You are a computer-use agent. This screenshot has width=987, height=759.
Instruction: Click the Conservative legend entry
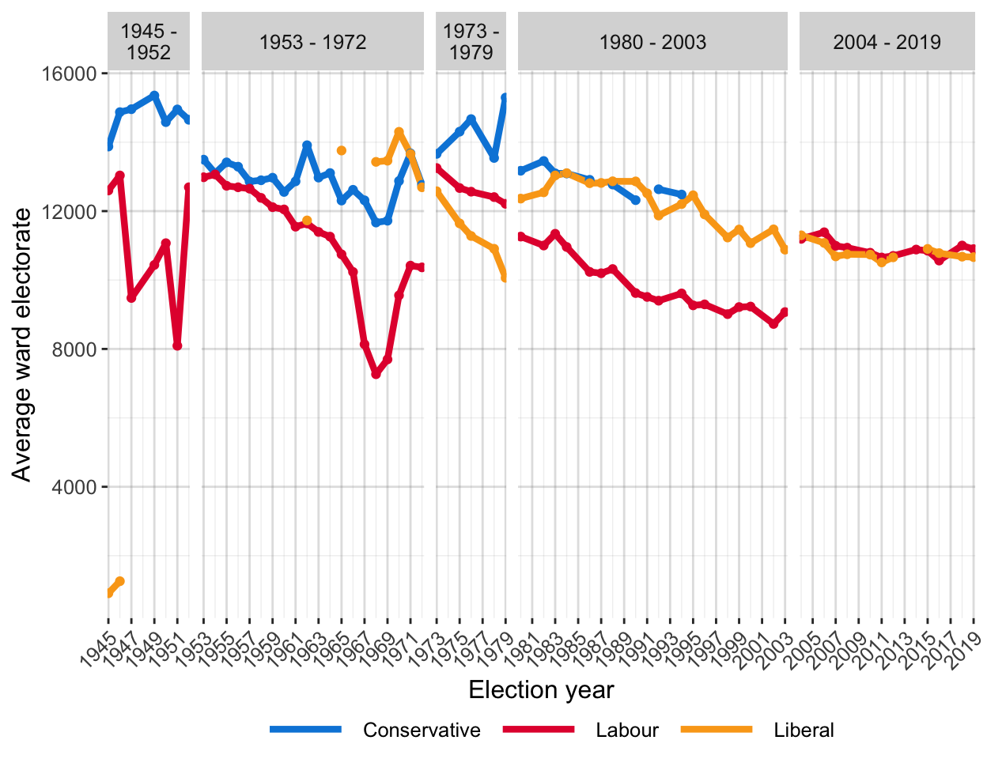[421, 730]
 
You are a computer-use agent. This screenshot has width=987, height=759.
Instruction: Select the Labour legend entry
[626, 730]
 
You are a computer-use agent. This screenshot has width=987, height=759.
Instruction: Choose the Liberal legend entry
[804, 730]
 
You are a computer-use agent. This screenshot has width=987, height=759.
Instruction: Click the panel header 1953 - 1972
[312, 42]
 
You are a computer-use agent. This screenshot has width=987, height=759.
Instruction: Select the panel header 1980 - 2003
[652, 42]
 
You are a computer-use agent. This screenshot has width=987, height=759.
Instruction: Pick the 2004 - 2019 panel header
[887, 42]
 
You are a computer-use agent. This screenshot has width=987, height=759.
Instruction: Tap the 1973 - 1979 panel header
[471, 42]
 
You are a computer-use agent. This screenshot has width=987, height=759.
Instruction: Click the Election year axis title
[541, 690]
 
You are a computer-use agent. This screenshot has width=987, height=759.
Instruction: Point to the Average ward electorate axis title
[22, 345]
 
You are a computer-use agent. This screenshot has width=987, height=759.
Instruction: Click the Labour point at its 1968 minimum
[376, 374]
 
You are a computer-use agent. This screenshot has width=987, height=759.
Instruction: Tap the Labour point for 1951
[177, 346]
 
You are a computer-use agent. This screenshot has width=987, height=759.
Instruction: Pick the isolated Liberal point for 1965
[342, 150]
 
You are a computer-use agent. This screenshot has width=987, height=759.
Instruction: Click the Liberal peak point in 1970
[399, 132]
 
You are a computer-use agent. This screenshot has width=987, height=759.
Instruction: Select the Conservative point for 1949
[154, 95]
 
